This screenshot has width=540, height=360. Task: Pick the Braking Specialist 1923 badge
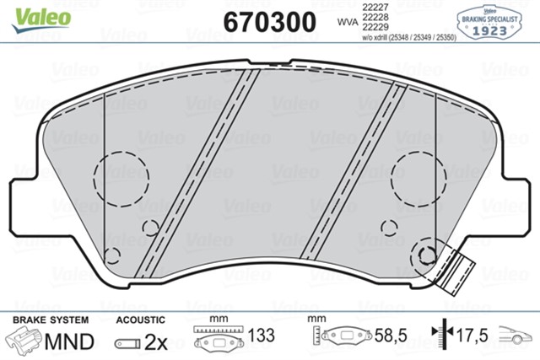[492, 19]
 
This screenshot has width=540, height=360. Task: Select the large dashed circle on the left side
[121, 177]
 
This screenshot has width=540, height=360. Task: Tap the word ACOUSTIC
[140, 320]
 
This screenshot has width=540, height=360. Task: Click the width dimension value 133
[264, 336]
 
